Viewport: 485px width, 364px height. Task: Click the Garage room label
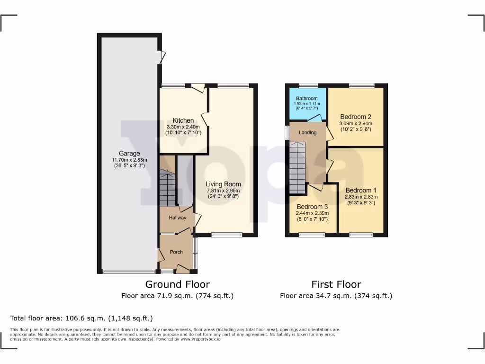tap(129, 154)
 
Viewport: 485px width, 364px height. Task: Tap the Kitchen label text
tap(183, 120)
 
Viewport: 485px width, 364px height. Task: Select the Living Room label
tap(223, 184)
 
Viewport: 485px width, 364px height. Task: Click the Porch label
tap(176, 252)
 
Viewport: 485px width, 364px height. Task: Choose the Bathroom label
tap(307, 99)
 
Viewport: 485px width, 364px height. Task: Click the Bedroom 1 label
tap(362, 190)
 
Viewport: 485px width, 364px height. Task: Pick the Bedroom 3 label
tap(313, 207)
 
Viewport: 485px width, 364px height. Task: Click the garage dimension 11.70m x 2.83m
tap(129, 160)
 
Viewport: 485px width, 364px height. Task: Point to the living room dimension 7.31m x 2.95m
tap(223, 191)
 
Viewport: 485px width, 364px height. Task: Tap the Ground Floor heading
tap(177, 284)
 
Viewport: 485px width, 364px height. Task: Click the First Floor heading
tap(336, 284)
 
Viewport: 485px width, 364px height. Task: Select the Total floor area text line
tap(81, 318)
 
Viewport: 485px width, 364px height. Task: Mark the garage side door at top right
tap(162, 57)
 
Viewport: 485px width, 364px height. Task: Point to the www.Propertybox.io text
tap(201, 339)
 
